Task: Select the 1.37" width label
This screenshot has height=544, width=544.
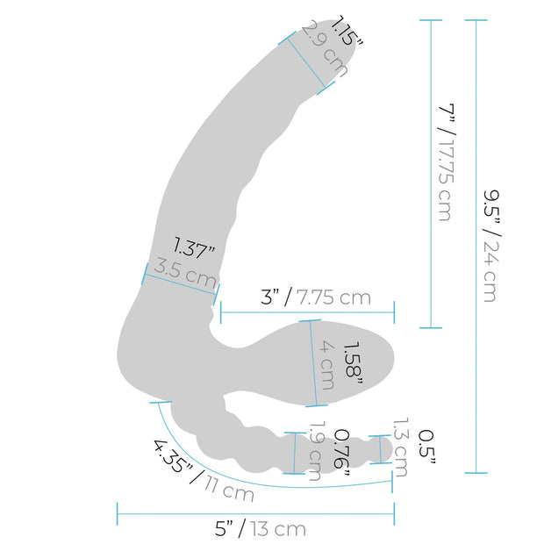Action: point(194,248)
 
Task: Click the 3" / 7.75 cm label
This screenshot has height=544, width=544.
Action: point(316,297)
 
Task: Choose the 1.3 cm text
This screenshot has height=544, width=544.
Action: point(400,447)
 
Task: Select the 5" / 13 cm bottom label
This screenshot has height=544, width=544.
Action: point(262,528)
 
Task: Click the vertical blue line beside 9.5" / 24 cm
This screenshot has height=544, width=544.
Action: point(476,246)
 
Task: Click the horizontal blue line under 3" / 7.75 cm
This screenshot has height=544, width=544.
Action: point(307,311)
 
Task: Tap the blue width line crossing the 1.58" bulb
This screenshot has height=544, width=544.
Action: point(313,363)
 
